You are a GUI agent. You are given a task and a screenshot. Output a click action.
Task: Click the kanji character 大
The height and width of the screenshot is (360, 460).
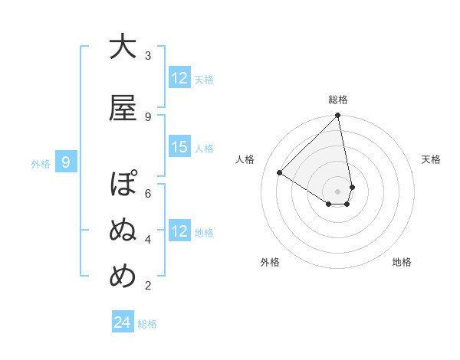point(123,47)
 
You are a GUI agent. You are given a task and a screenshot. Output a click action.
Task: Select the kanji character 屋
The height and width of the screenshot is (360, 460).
point(123,108)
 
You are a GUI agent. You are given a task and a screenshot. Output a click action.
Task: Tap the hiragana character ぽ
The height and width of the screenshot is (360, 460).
point(123,186)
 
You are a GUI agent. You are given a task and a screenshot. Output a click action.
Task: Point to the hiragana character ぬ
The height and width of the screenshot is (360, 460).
point(123,231)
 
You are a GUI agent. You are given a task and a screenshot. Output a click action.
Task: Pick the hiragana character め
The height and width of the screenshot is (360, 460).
point(123,277)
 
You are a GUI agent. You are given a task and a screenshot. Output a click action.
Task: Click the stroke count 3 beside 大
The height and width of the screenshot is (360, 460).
point(148,56)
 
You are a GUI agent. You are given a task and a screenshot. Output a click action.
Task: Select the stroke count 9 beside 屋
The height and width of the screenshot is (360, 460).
point(148,116)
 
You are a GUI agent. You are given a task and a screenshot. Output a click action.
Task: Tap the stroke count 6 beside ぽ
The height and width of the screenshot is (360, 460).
point(148,193)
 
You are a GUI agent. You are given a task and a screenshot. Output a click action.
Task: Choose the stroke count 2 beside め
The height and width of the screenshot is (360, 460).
point(148,286)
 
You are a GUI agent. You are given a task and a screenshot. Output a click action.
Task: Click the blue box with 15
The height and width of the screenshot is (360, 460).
point(179,147)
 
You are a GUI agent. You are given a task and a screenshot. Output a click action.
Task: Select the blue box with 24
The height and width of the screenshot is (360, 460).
point(122,323)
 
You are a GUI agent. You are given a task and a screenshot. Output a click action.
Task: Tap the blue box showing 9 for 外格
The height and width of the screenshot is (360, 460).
point(66,162)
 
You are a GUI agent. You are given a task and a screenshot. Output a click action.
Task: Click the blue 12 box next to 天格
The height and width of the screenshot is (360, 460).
point(179,78)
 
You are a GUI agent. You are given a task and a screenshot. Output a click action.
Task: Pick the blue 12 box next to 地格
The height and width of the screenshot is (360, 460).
point(179,231)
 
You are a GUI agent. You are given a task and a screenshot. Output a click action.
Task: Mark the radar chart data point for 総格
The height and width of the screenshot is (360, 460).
point(337,116)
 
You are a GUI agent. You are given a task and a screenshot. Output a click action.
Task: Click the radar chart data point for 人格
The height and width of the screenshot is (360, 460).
point(280,172)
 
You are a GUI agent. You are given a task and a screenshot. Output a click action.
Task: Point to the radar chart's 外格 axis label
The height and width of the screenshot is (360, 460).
point(269,262)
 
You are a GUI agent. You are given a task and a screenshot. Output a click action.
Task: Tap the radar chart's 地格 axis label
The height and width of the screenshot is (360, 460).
point(402,262)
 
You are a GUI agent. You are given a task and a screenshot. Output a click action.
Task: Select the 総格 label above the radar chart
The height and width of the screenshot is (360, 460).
point(337,100)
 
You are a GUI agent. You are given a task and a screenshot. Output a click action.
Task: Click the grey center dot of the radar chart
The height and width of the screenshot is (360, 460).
point(337,191)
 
